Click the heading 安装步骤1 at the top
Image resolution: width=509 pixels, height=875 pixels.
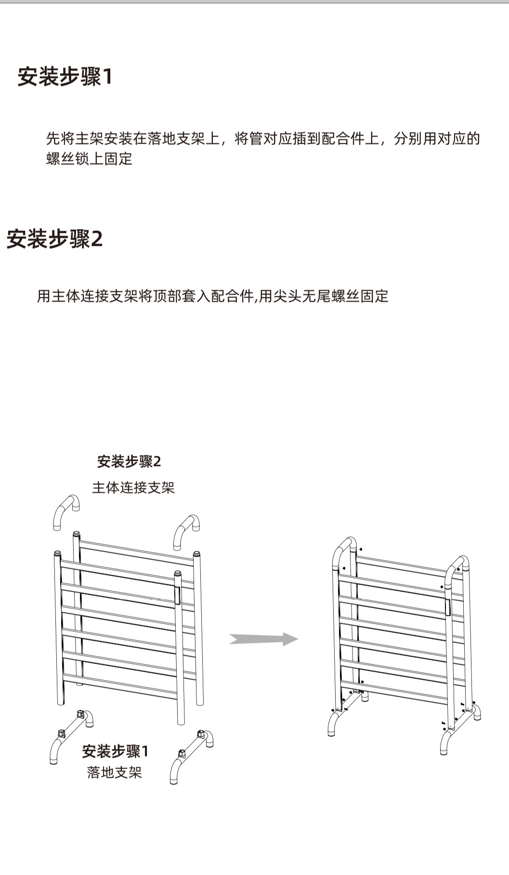coord(65,77)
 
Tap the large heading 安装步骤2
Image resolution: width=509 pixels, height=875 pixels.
coord(54,239)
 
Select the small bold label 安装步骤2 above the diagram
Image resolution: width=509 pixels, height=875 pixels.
coord(129,462)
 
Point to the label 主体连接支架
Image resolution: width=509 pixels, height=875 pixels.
coord(133,488)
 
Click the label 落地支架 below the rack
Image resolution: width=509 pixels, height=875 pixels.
coord(115,772)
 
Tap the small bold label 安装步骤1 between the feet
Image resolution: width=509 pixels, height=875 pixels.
coord(115,751)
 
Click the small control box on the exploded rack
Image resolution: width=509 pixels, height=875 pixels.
coord(177,595)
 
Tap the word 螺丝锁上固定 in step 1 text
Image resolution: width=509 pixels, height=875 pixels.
coord(90,159)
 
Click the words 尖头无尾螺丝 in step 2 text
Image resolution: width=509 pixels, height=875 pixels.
coord(316,296)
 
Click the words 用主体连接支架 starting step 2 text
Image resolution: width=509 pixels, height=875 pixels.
coord(88,296)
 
